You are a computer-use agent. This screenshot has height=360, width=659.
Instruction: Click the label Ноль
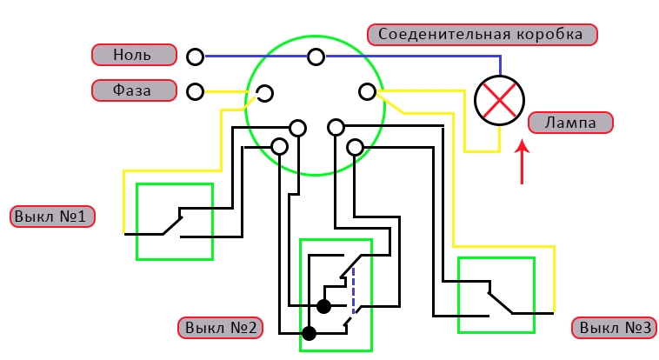pyautogui.click(x=133, y=55)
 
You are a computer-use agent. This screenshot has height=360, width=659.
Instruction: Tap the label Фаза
pyautogui.click(x=133, y=90)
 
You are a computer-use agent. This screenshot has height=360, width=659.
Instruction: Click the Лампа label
pyautogui.click(x=570, y=123)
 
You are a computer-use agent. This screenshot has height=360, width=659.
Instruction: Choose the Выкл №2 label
pyautogui.click(x=220, y=328)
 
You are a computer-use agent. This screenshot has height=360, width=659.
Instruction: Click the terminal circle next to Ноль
pyautogui.click(x=196, y=57)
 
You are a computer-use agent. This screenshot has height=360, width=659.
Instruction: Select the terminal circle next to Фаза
pyautogui.click(x=196, y=90)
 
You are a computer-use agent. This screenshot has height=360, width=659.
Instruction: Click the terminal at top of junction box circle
pyautogui.click(x=316, y=57)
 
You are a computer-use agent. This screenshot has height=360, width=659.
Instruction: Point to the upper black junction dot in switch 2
pyautogui.click(x=323, y=306)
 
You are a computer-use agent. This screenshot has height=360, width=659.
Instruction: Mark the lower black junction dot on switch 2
pyautogui.click(x=309, y=333)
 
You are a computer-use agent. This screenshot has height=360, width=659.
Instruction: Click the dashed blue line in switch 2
pyautogui.click(x=353, y=291)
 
